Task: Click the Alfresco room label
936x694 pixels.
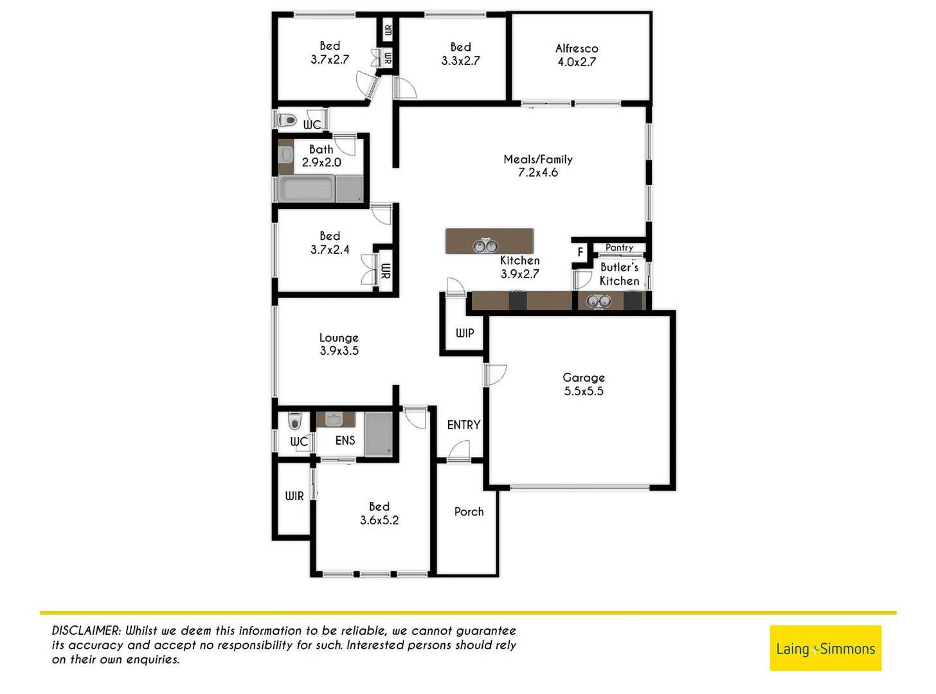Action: pos(577,55)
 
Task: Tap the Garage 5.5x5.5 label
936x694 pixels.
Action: pos(584,384)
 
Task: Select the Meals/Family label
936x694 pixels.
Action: pos(538,166)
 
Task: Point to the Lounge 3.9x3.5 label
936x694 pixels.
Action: pos(339,344)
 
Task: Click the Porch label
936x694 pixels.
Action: pos(469,512)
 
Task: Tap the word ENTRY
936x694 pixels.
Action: pos(464,425)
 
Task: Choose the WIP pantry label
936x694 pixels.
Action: pos(465,333)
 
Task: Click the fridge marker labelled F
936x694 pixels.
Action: pos(580,252)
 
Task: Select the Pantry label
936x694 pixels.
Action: pos(619,247)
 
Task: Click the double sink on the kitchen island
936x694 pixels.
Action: pos(485,245)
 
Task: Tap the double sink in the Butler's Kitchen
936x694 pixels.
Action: pos(598,301)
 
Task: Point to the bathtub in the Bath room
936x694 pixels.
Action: pos(306,190)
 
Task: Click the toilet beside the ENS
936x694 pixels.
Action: pos(294,421)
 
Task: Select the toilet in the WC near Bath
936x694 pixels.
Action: pos(287,120)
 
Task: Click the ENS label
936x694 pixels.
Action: pos(345,440)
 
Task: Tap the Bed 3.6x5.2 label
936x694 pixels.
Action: pos(379,513)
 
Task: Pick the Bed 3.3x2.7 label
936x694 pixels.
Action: pos(460,54)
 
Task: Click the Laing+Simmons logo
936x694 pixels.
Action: pos(825,648)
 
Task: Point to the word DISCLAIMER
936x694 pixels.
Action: pos(86,631)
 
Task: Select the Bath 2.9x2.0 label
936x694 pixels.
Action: pos(321,156)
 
